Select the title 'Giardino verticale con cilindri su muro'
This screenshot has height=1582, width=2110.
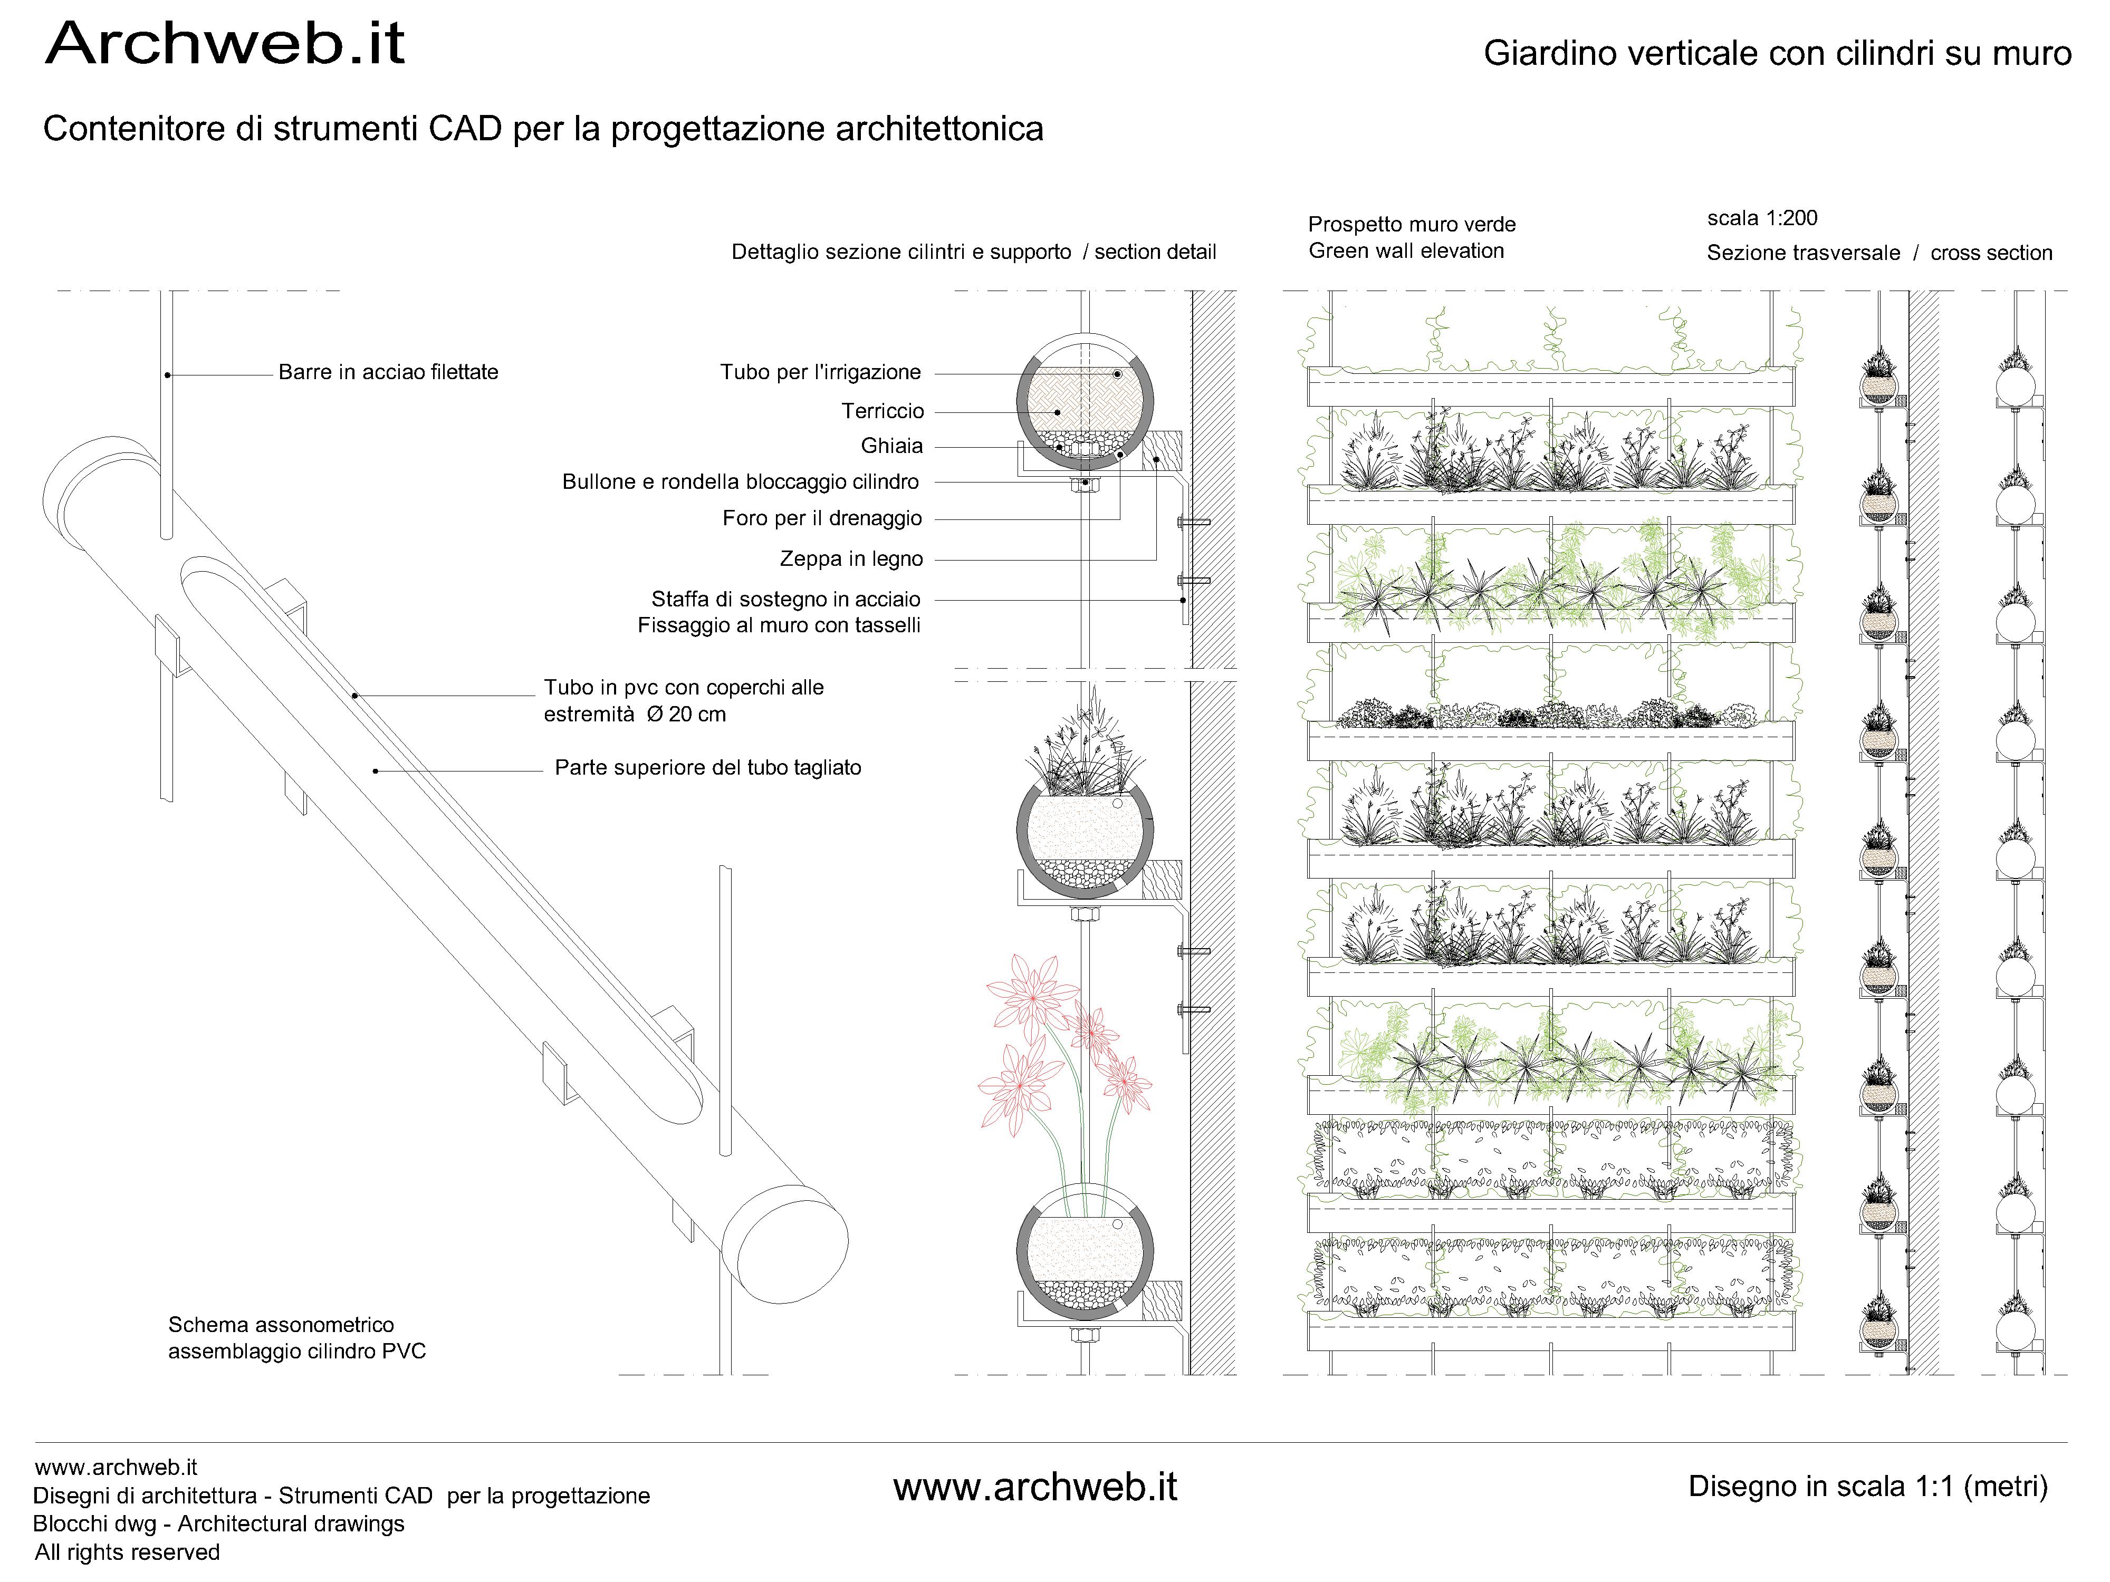(x=1777, y=53)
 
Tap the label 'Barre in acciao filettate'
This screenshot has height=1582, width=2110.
(x=388, y=372)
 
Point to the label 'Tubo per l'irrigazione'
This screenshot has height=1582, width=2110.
(x=820, y=372)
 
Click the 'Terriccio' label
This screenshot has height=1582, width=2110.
(x=883, y=411)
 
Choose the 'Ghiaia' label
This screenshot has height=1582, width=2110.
(x=892, y=445)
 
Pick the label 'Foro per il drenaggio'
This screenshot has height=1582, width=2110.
(x=822, y=518)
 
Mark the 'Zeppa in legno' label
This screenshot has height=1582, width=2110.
(x=851, y=559)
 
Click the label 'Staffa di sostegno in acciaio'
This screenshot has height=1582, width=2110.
(x=786, y=599)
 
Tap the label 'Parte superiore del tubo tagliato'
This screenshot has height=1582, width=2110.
(x=708, y=768)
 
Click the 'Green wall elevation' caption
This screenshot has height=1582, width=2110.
(x=1406, y=251)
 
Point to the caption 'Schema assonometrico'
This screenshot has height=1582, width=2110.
(x=281, y=1325)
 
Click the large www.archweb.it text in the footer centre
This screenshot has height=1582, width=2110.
(x=1035, y=1488)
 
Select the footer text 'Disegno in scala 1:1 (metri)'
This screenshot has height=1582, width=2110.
(x=1868, y=1487)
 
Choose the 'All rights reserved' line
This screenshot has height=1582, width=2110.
(x=127, y=1552)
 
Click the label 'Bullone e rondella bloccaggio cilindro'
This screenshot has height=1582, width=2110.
(x=740, y=481)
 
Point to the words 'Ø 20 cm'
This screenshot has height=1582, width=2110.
(x=686, y=714)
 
